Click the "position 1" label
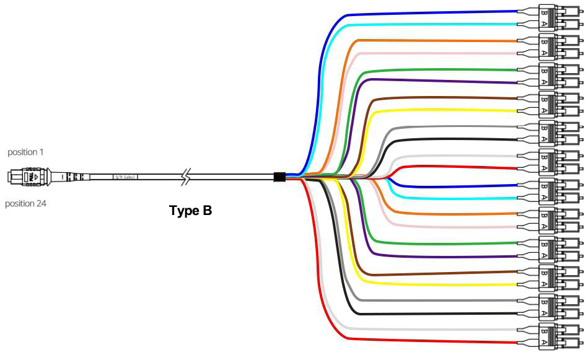pos(25,152)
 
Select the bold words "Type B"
pos(191,210)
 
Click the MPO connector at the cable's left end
pos(28,177)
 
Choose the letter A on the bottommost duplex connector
pos(543,343)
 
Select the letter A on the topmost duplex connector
pos(543,24)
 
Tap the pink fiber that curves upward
pos(434,54)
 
